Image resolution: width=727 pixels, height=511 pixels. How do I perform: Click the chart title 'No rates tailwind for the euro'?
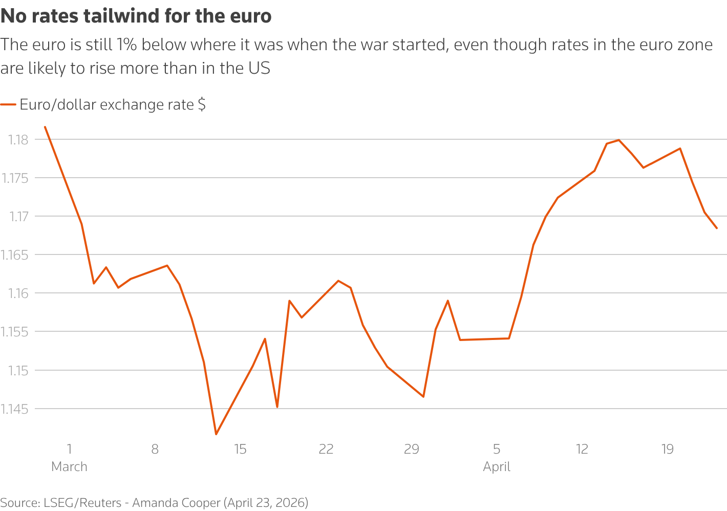(x=136, y=16)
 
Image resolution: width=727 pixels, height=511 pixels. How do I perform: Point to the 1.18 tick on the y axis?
(x=18, y=140)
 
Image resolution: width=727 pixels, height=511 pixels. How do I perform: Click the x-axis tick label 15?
(x=240, y=450)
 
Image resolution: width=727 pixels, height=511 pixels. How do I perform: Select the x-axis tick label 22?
(x=326, y=450)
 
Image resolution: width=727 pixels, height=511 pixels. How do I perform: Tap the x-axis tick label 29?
(x=412, y=450)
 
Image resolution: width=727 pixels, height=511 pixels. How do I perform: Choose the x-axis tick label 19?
(x=667, y=450)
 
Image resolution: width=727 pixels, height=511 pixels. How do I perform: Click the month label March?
(x=69, y=467)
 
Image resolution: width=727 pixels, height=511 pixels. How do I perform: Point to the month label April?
(x=497, y=467)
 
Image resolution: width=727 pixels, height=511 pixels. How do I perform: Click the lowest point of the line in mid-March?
(x=216, y=434)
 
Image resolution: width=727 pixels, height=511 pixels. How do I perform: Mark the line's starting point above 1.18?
(x=45, y=127)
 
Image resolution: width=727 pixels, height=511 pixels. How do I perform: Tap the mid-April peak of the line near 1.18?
(x=619, y=140)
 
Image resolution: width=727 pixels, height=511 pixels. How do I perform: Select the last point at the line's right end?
(x=717, y=228)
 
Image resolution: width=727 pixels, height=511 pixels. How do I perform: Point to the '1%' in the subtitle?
(x=126, y=45)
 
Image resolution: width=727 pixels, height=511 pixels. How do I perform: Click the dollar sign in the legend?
(x=202, y=105)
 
